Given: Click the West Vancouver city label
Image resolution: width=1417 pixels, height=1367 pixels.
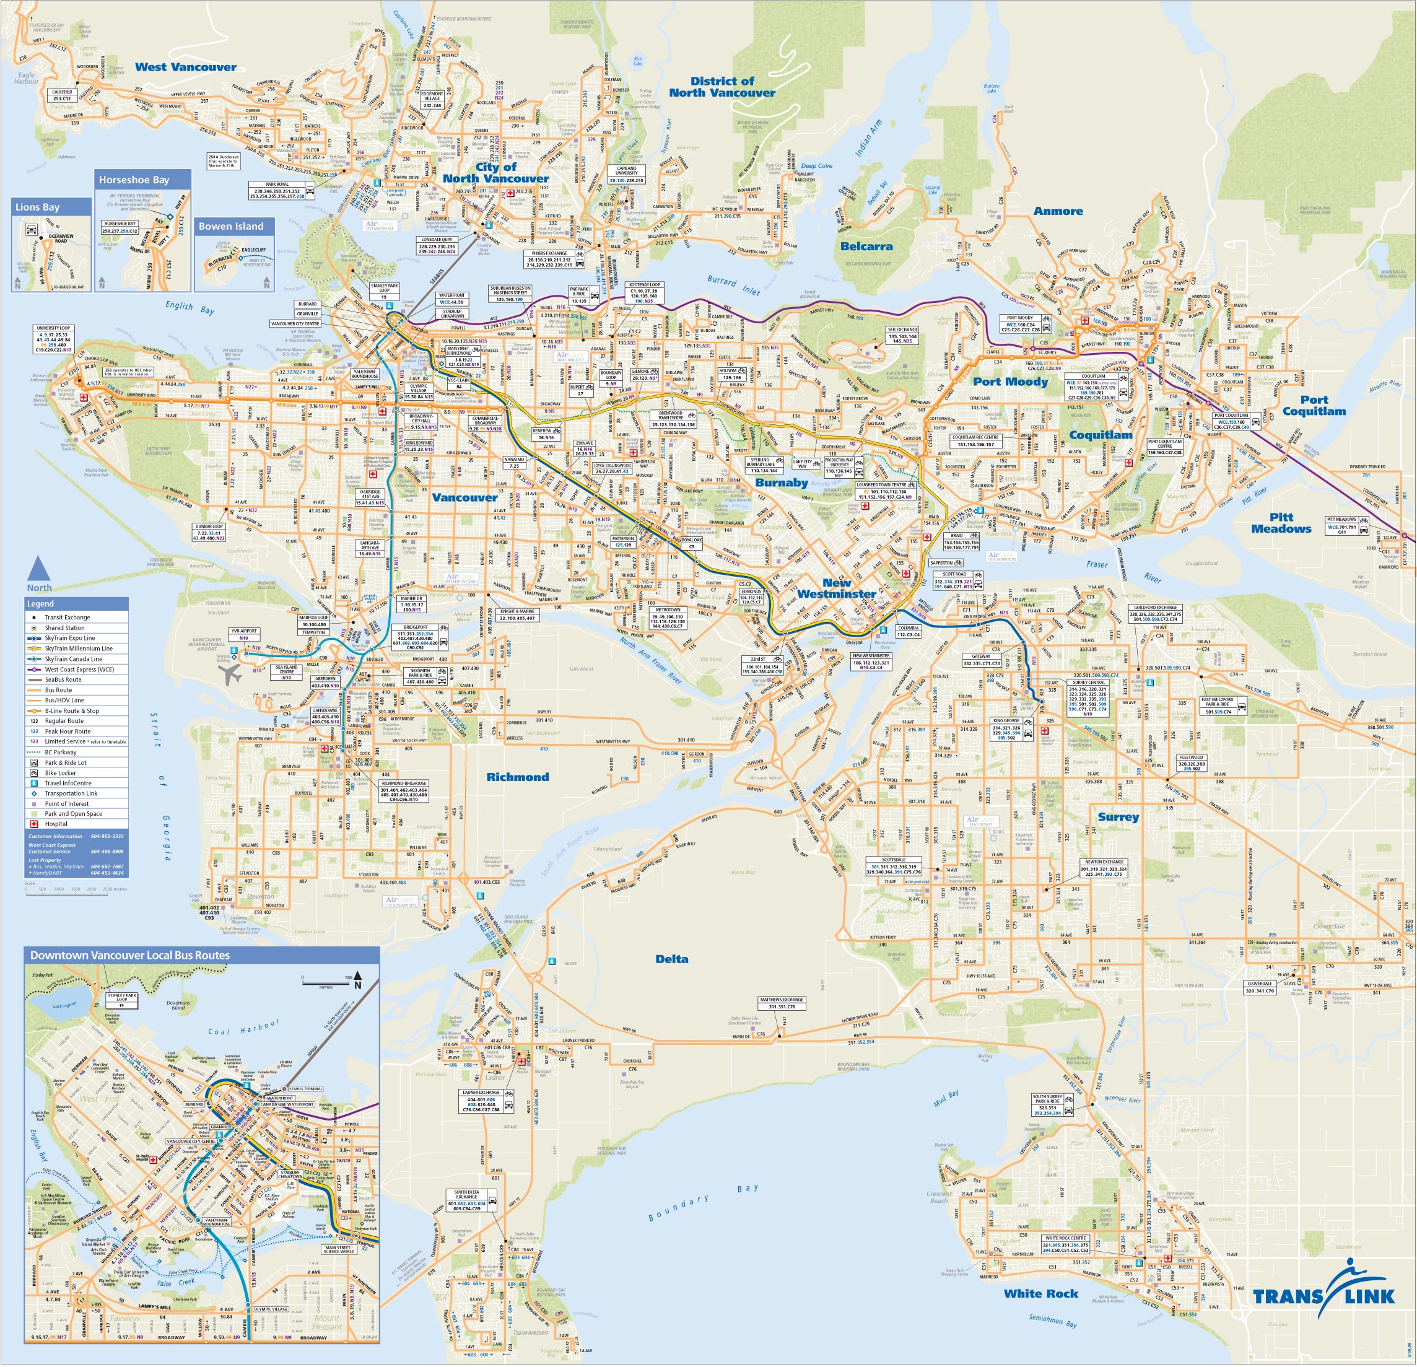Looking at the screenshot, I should point(185,68).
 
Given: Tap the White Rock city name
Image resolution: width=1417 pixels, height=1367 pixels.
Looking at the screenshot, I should point(1040,1293).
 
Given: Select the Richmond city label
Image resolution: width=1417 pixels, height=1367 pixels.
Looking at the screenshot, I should point(517,777).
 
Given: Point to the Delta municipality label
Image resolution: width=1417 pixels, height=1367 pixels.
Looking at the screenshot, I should point(671,959).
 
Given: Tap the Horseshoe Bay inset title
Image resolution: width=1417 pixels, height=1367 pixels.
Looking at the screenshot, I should point(134,180).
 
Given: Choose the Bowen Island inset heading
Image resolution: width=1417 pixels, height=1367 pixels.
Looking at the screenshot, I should point(232,226).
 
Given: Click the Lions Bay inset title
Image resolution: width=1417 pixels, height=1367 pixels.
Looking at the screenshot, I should point(38,207).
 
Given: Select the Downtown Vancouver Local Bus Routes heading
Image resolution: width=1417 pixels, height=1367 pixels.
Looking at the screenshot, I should point(130,956).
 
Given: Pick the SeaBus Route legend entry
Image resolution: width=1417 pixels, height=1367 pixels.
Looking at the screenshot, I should point(63,679).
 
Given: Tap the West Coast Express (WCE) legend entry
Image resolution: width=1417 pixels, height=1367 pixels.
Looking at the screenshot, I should point(79,670).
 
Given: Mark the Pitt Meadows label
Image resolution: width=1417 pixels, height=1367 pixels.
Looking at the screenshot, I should point(1281,523).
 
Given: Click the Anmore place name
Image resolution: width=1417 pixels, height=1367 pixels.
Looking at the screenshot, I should point(1058,211).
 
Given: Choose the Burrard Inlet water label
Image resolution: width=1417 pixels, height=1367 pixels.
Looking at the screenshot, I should point(733,286).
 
